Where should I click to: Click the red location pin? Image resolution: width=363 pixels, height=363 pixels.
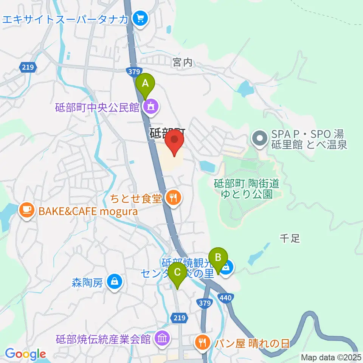tap(175, 140)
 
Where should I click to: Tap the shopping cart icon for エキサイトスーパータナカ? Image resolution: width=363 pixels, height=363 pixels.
tap(141, 18)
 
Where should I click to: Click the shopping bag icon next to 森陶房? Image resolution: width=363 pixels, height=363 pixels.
tap(113, 282)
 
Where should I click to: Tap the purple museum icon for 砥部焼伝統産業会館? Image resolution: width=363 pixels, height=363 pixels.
tap(162, 338)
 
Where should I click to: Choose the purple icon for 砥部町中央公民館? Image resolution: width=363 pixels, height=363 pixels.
tap(151, 107)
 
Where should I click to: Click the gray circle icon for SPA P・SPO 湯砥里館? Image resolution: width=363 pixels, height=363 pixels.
tap(260, 138)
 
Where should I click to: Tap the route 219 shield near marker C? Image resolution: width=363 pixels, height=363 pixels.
tap(180, 318)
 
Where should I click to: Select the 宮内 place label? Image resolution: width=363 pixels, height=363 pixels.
tap(183, 63)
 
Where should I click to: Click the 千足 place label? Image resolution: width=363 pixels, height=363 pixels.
tap(290, 238)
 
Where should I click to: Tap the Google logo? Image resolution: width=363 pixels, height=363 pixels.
tap(25, 354)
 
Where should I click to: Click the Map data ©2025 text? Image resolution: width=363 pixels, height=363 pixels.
tap(330, 357)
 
